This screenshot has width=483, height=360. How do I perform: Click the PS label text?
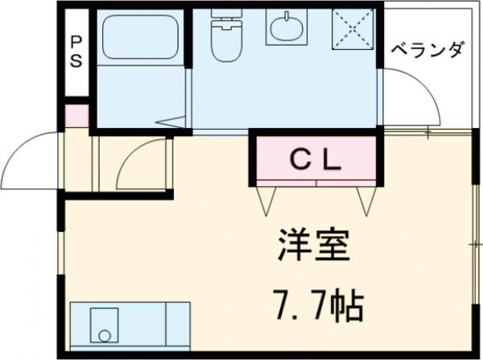(x=76, y=51)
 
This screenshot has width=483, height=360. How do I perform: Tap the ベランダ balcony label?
(x=427, y=51)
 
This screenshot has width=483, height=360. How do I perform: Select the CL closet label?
(x=316, y=157)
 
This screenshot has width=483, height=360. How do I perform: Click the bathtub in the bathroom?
(x=139, y=39)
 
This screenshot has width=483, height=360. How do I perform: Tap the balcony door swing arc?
(x=415, y=97)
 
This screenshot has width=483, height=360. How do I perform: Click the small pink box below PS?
(x=76, y=114)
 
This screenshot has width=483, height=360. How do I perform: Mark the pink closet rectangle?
(x=316, y=158)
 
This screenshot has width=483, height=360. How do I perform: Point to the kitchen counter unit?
(x=130, y=325)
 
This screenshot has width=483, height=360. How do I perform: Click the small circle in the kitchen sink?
(x=101, y=332)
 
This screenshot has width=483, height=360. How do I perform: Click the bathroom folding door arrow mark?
(x=170, y=123)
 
